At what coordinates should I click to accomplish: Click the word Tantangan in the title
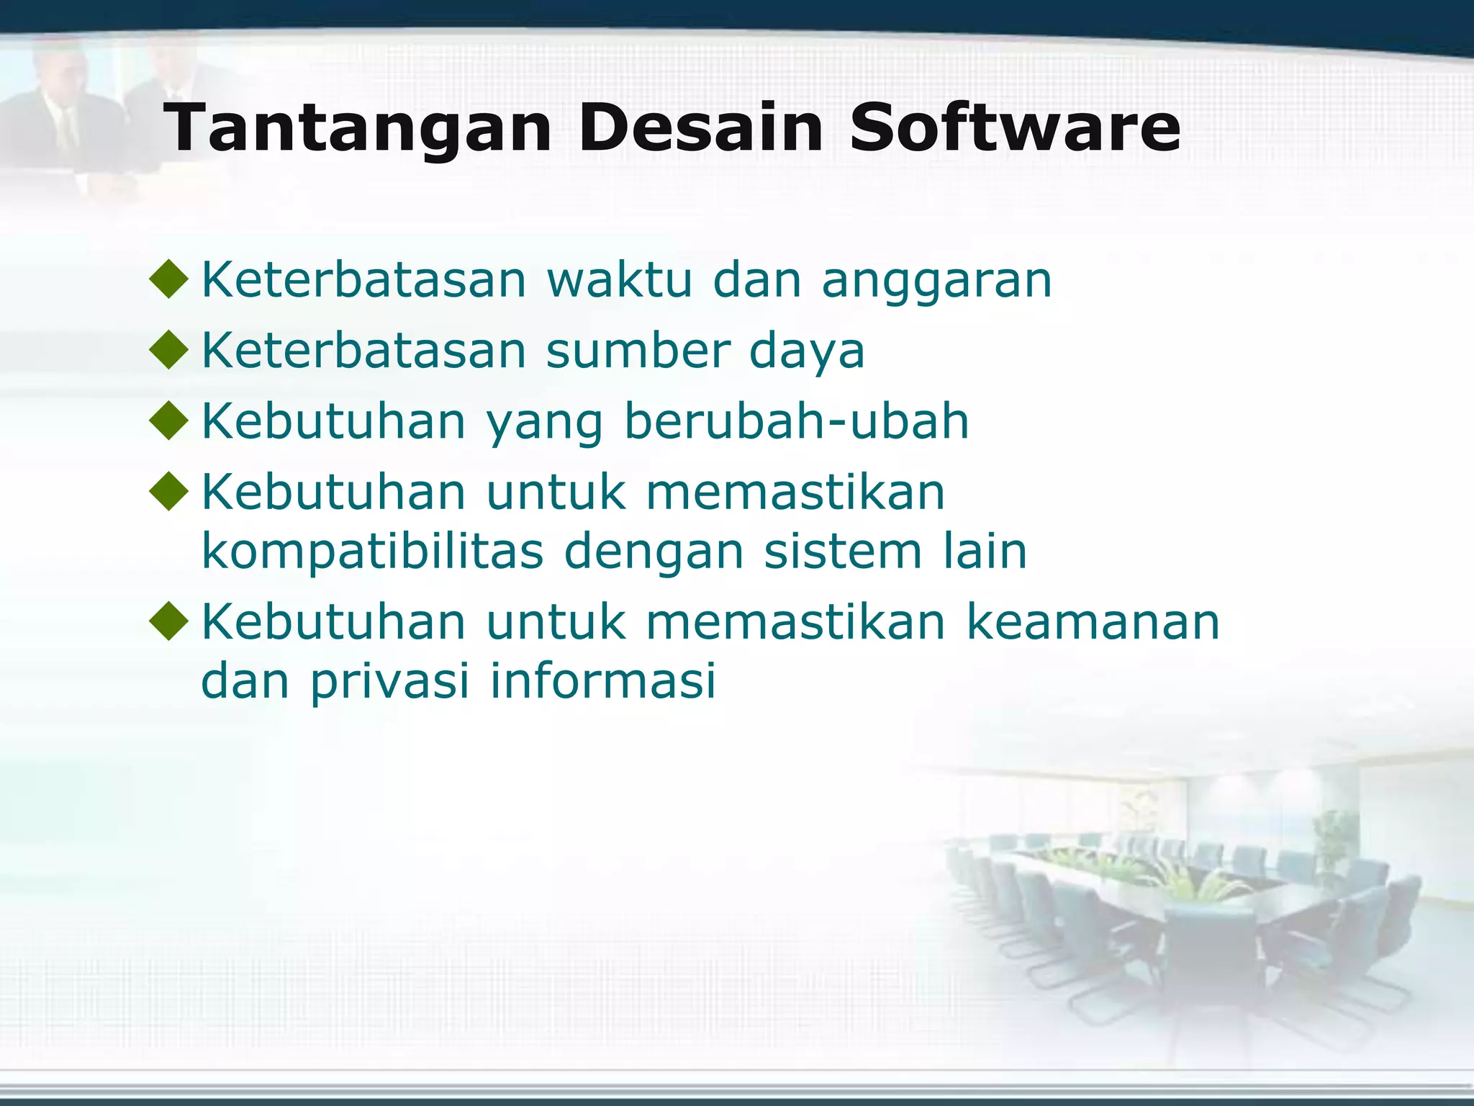pos(357,128)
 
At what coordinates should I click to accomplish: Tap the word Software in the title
pos(1015,128)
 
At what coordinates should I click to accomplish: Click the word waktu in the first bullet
pos(619,279)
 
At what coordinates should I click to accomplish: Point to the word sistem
pos(843,552)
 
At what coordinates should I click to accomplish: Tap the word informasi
pos(603,680)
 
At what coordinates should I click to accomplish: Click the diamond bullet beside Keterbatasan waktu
pos(169,279)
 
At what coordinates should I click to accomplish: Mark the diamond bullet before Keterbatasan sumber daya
pos(169,351)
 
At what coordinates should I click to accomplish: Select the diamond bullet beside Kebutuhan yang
pos(169,421)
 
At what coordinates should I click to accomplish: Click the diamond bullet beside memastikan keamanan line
pos(169,622)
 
